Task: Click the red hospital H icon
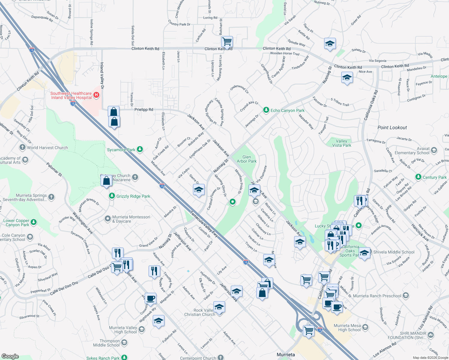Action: coord(96,95)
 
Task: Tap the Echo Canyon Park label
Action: coord(288,110)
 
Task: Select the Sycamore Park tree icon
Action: coord(140,149)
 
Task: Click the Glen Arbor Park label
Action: coord(247,159)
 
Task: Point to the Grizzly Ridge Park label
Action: coord(133,196)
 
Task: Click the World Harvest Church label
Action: coord(47,148)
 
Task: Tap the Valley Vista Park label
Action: coord(342,143)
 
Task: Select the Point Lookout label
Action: coord(392,127)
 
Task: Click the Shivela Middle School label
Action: coord(393,252)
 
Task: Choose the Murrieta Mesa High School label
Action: coord(347,328)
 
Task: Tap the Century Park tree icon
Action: coord(418,177)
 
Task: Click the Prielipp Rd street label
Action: coord(144,109)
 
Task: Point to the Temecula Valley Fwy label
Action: coord(204,224)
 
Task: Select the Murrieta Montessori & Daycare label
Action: coord(131,219)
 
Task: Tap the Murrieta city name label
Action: coord(286,355)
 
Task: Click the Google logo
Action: coord(10,356)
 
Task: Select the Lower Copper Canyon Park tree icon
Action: coord(34,222)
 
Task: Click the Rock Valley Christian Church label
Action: coord(200,312)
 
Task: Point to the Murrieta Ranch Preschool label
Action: coord(377,296)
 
